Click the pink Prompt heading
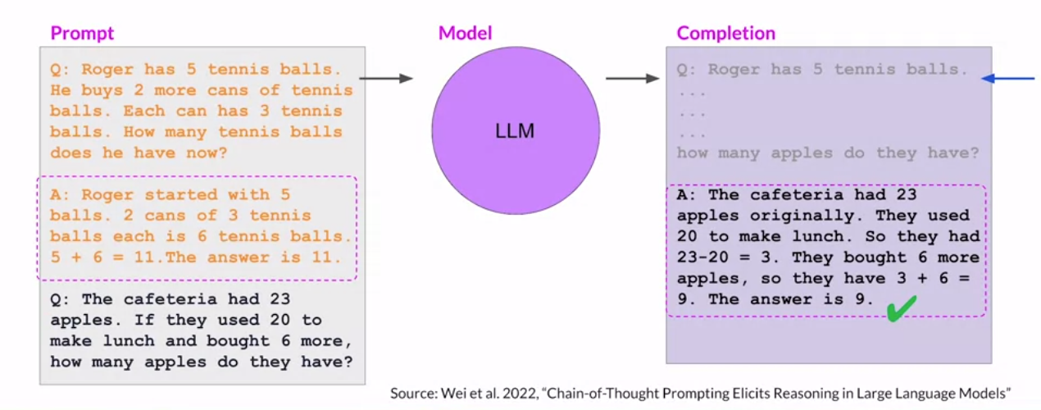pos(82,34)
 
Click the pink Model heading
pos(466,33)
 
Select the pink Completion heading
pos(726,34)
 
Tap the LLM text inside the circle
pos(515,131)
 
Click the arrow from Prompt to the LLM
pos(386,78)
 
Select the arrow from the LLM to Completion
pos(633,78)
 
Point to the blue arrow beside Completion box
pos(1008,78)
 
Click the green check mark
pos(902,308)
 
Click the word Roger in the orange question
pos(107,69)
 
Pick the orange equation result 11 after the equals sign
pos(144,257)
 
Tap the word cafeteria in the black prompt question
pos(170,299)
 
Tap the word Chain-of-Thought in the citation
pos(602,394)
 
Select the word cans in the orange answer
pos(165,215)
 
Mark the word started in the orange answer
pos(181,194)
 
